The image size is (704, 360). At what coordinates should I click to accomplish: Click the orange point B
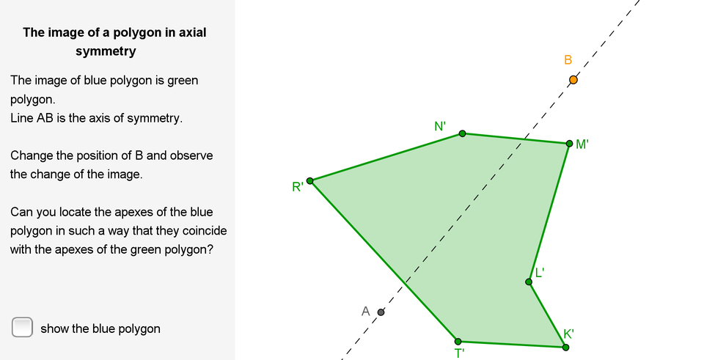(573, 80)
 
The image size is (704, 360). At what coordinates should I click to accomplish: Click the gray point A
(381, 312)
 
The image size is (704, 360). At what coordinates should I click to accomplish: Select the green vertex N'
(463, 133)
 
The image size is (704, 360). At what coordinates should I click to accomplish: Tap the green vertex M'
(569, 144)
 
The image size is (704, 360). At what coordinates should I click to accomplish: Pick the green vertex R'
(309, 181)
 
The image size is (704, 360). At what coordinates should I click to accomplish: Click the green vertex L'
(529, 282)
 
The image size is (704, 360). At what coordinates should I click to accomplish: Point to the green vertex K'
(565, 347)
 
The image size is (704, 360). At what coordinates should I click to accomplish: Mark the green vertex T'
(458, 342)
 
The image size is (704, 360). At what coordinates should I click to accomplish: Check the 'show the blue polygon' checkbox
(22, 327)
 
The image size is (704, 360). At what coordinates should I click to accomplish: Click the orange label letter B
(568, 60)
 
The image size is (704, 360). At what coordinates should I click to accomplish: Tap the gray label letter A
(365, 311)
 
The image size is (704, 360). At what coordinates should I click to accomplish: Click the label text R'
(297, 187)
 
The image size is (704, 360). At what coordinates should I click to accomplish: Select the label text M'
(582, 144)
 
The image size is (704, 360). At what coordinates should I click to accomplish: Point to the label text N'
(440, 126)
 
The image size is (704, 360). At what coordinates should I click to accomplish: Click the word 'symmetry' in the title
(106, 51)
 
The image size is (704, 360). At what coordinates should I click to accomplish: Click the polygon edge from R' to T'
(384, 261)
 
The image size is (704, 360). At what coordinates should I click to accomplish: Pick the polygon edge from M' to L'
(549, 213)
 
